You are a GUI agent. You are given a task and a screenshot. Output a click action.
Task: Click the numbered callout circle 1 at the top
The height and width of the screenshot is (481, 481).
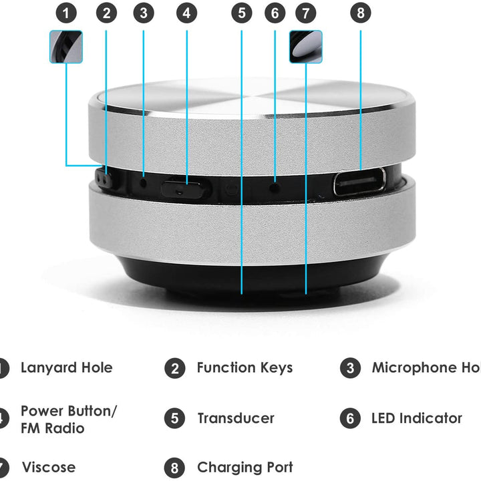coord(65,13)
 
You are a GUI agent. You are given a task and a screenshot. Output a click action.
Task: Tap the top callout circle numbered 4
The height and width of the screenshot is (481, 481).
coord(186,13)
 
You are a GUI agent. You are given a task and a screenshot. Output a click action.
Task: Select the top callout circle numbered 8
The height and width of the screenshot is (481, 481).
coord(360,13)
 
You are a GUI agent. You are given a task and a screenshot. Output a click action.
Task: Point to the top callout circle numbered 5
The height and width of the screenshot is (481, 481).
coord(241,13)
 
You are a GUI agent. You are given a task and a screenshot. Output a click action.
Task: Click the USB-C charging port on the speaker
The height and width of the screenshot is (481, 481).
coord(359,182)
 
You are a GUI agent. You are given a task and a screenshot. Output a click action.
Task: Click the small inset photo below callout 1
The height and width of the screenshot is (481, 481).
coord(65,47)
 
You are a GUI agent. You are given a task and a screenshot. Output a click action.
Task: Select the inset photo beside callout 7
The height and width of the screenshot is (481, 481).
coord(305,47)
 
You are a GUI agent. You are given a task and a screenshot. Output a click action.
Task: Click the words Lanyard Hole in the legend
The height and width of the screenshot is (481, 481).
coord(66,367)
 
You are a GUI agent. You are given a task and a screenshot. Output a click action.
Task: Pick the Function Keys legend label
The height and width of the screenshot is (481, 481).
coord(245,367)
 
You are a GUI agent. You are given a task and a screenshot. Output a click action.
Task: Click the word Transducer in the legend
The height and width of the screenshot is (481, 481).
coord(235,418)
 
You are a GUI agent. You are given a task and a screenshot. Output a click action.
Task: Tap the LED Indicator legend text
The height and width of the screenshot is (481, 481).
coord(416,418)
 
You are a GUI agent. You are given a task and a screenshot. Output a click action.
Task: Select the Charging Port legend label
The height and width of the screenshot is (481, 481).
coord(245,467)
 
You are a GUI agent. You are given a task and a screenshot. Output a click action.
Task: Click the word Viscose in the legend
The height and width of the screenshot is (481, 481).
coord(49,467)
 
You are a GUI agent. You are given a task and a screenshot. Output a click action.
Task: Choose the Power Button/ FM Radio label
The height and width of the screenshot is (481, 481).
coord(68,419)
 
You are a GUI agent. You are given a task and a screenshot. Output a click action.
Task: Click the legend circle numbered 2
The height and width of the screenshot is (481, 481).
coord(174,368)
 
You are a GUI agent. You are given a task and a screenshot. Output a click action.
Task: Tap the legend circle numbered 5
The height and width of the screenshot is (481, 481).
coord(174,419)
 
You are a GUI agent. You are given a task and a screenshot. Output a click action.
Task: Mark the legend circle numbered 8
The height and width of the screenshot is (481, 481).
coord(174,467)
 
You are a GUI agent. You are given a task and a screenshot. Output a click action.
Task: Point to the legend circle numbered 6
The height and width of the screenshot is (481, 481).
coord(349,419)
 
